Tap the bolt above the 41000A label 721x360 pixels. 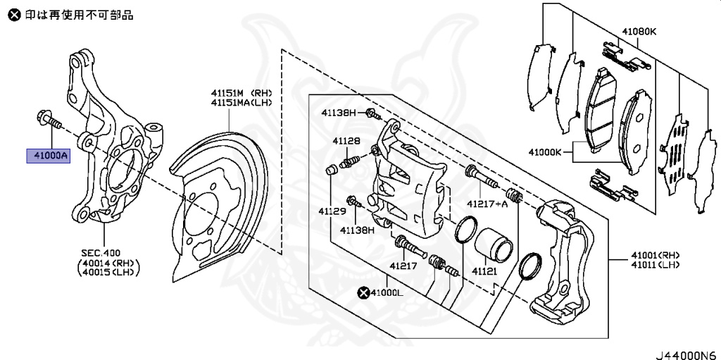coord(49,120)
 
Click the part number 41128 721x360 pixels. coord(347,142)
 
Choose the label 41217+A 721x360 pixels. coord(487,204)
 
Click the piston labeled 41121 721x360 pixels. coord(493,244)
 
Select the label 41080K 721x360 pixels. coord(639,32)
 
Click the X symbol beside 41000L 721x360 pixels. coord(364,292)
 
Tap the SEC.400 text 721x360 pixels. coord(101,253)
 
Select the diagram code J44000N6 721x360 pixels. coord(686,355)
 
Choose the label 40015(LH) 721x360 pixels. coord(108,272)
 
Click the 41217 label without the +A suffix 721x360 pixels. coord(403,266)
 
